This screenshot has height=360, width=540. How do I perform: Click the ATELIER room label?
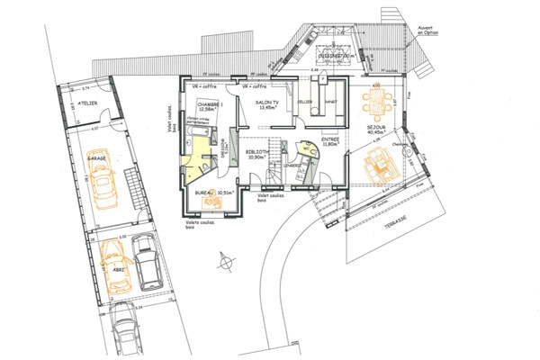[x=88, y=104]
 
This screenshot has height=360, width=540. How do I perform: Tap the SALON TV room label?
[x=266, y=105]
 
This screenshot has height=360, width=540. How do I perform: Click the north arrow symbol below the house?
[x=221, y=260]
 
